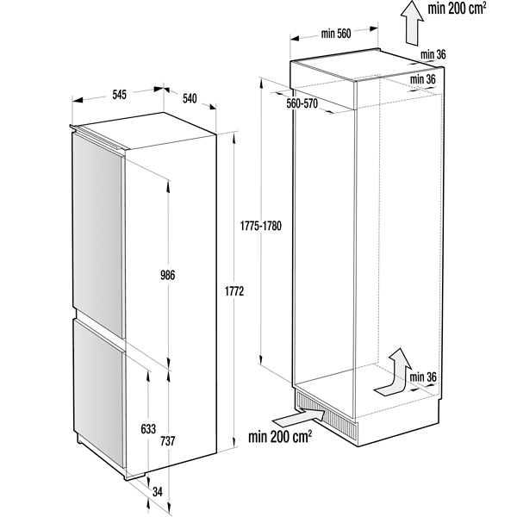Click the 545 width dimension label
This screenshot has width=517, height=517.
pos(120,95)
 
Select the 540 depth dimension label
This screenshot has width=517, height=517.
pos(190,98)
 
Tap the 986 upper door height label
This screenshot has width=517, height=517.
pos(167,275)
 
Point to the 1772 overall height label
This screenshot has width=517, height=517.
pos(234,291)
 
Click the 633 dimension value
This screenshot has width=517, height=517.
pos(148,429)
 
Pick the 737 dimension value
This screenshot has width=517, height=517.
pos(167,441)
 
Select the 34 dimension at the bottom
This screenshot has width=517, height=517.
pos(158,492)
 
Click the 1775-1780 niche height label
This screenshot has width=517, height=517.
pos(260,226)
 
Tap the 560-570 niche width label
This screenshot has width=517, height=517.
pos(302,103)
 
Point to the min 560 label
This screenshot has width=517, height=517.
pos(336,34)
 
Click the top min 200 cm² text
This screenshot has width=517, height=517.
pos(457,9)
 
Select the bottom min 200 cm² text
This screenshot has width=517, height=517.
pos(280,437)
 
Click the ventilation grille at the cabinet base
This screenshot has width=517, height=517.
pos(327,414)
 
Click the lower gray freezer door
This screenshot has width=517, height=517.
pos(98,394)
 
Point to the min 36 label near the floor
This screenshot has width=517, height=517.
pos(423,377)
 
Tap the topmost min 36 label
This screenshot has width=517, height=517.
pos(433,54)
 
